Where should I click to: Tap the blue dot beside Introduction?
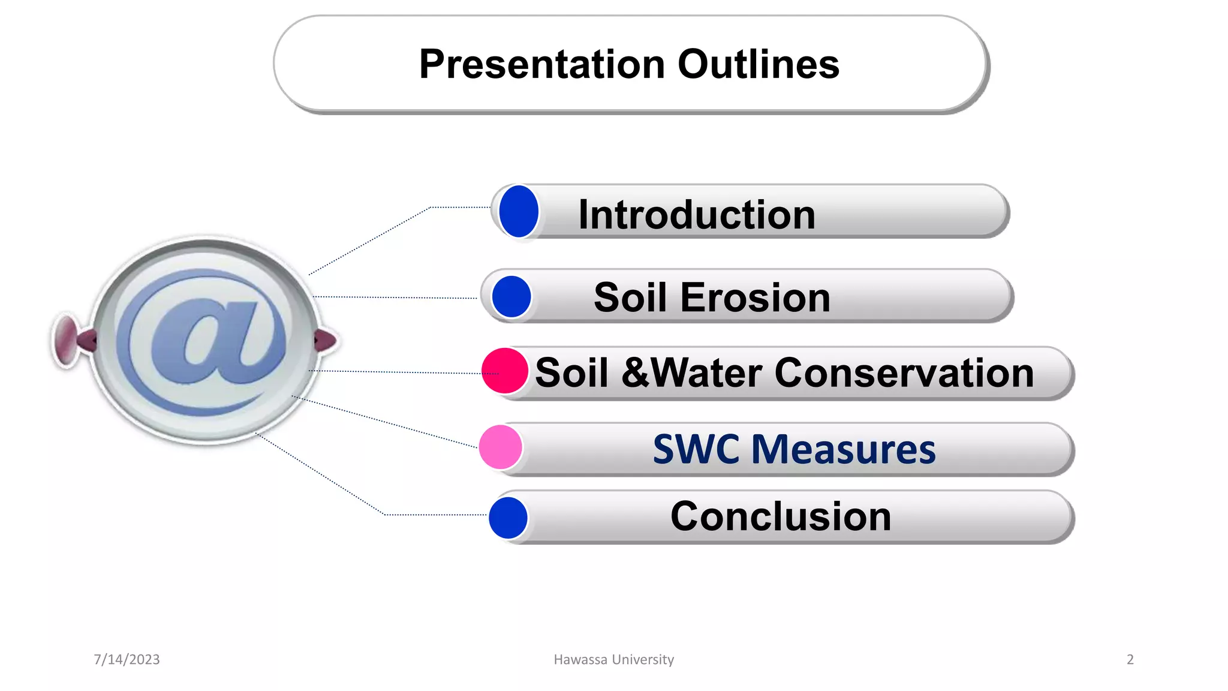(519, 211)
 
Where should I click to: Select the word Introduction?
(696, 214)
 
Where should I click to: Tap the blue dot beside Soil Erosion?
(511, 296)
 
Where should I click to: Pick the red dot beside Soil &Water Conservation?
(504, 371)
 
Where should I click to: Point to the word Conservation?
(904, 372)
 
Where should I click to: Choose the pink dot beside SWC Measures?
(500, 447)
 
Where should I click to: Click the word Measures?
(842, 449)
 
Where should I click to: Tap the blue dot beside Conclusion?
(508, 518)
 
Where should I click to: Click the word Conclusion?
(780, 516)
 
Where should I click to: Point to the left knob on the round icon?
(67, 340)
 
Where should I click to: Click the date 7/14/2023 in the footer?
(127, 659)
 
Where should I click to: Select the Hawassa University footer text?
(613, 659)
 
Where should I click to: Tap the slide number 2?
(1130, 659)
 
